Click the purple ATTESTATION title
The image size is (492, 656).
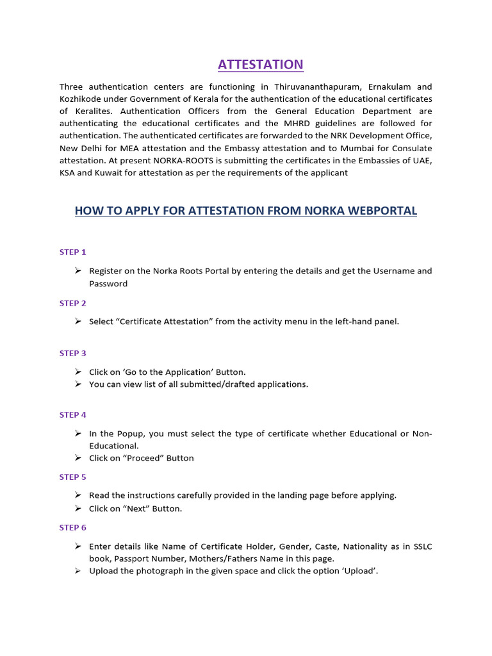pos(260,64)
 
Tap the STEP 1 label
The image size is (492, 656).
pos(72,252)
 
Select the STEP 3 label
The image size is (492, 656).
pos(72,353)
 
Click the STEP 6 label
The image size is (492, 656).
pos(72,528)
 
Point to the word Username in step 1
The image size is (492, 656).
pos(393,271)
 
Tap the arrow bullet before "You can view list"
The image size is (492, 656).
pos(77,384)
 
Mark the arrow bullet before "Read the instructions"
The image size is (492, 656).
pos(77,495)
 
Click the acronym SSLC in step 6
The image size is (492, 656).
pos(422,546)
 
